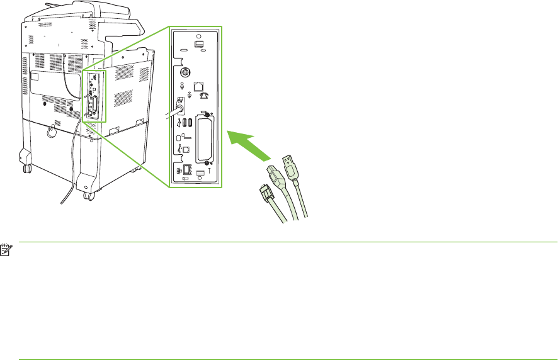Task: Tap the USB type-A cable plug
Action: pos(290,165)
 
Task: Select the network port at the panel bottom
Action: pos(187,170)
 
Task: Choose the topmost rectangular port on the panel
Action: pos(200,45)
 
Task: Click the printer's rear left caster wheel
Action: pos(26,169)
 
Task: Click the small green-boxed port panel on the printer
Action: pos(93,96)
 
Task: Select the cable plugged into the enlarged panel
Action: pos(171,113)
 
